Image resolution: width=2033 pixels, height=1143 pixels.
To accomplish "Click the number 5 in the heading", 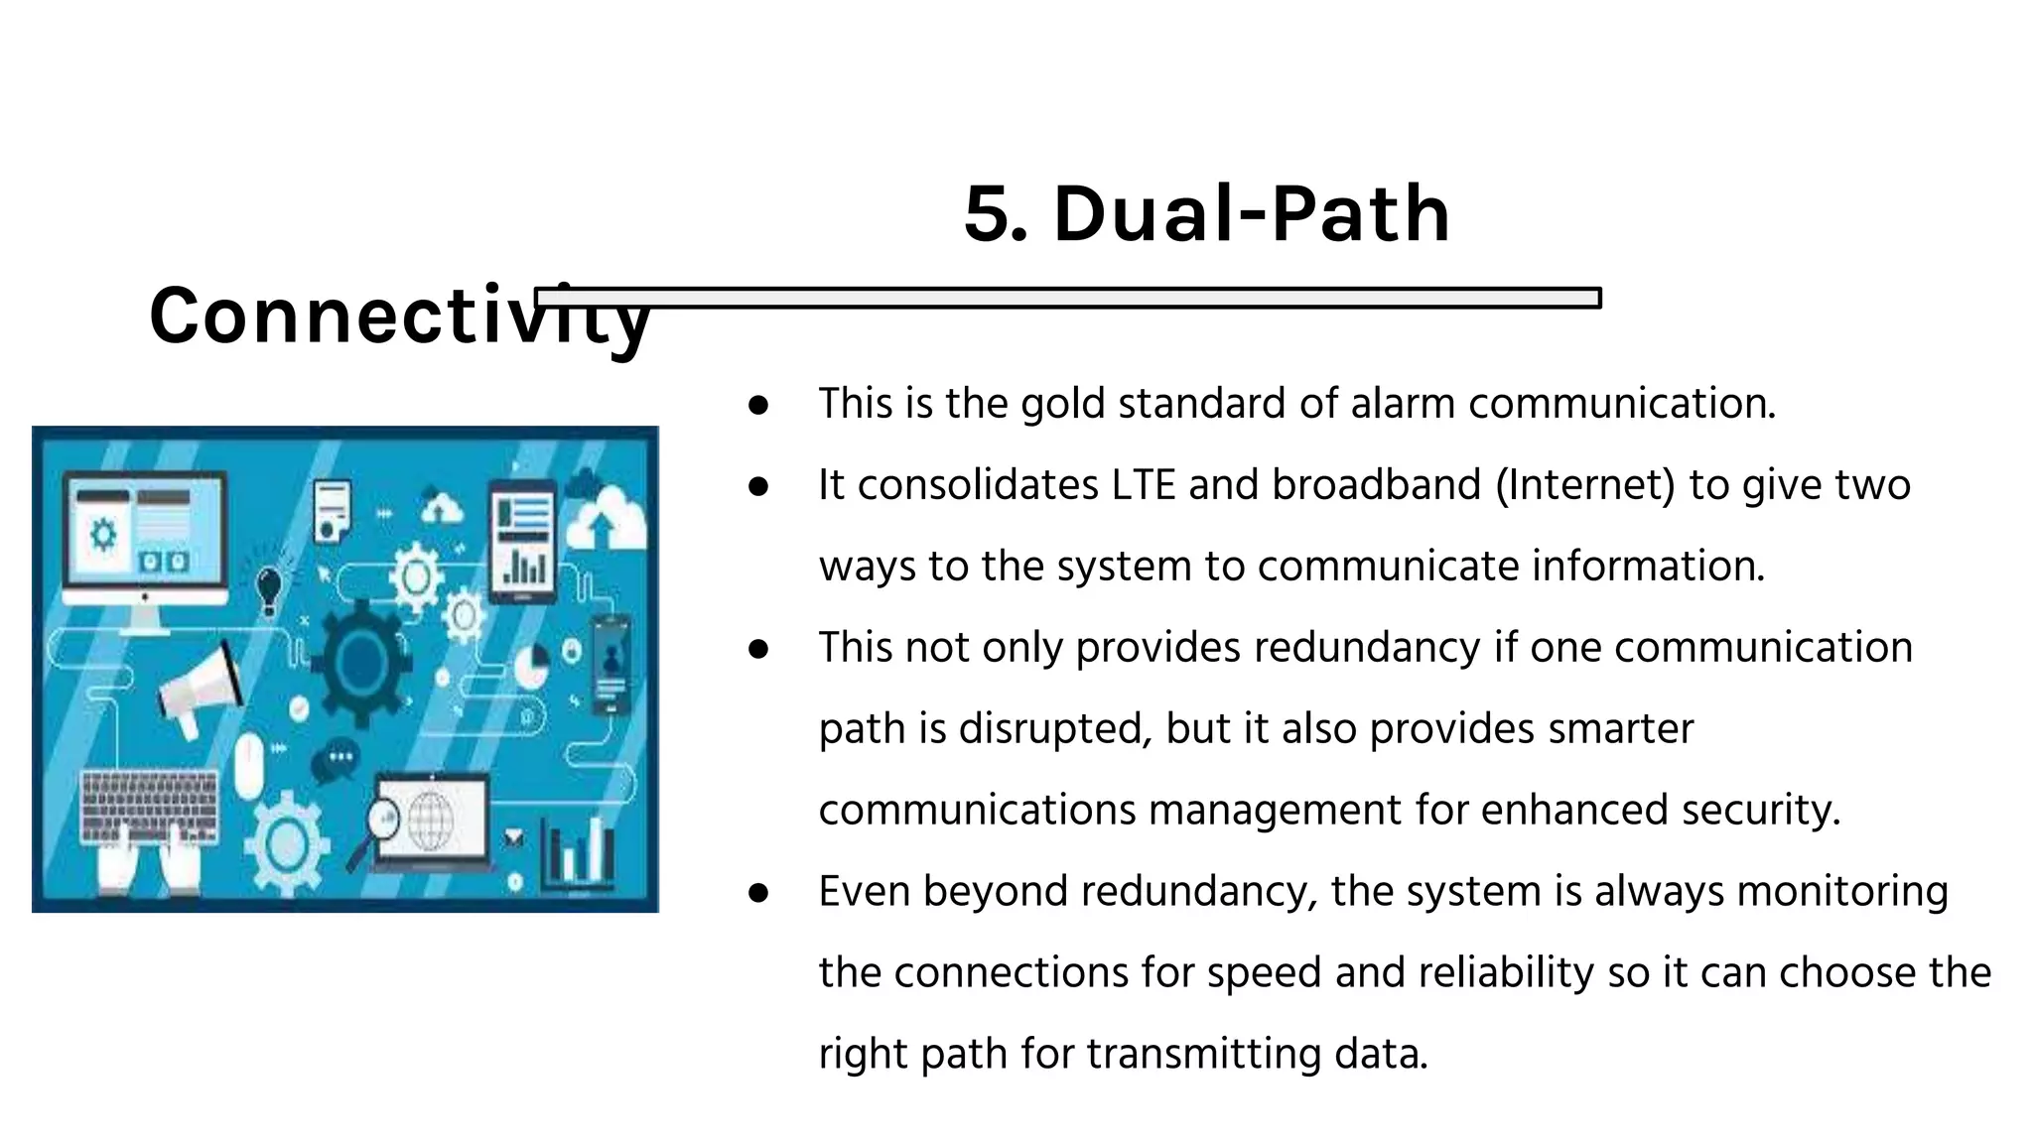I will tap(994, 214).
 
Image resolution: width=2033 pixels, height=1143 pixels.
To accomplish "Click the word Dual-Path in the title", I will tap(1251, 214).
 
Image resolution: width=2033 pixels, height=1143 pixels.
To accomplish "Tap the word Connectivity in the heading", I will tap(397, 316).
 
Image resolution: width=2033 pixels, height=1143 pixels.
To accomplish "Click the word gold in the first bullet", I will tap(1063, 404).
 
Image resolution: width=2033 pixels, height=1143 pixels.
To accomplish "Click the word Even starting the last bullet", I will tap(864, 891).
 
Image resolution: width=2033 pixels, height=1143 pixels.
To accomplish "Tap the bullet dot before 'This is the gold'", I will tap(759, 405).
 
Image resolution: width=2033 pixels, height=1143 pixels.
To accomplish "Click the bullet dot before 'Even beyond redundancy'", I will tap(759, 892).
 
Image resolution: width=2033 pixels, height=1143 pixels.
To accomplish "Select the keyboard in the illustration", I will tap(149, 806).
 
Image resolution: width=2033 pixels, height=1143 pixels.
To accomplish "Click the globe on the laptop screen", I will tap(430, 820).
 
